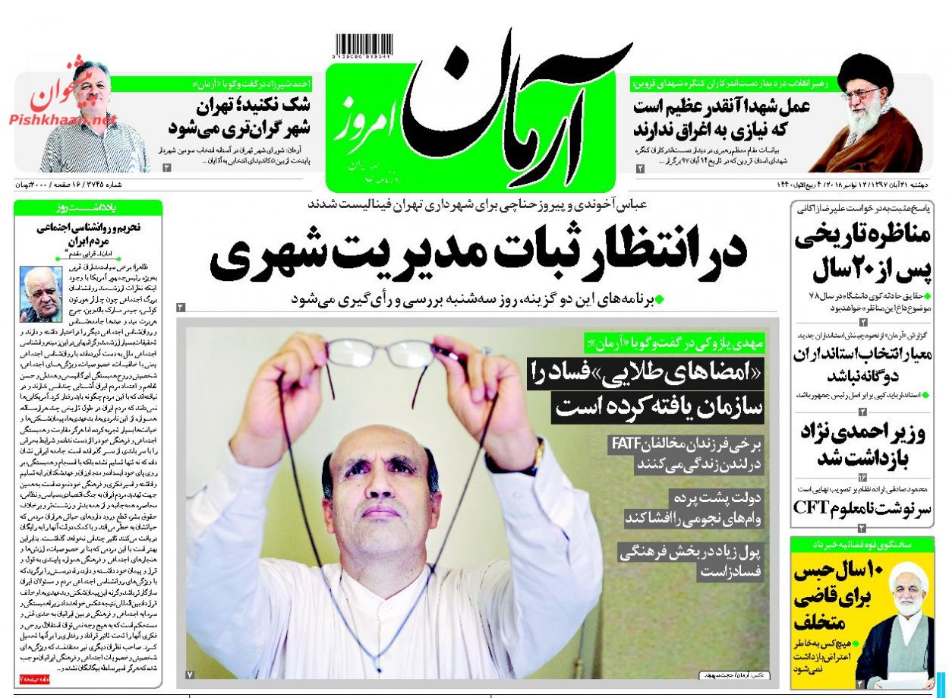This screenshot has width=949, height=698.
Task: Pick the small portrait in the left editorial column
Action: coord(42,293)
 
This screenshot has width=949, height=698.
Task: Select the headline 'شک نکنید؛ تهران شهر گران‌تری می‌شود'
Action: coord(242,115)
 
